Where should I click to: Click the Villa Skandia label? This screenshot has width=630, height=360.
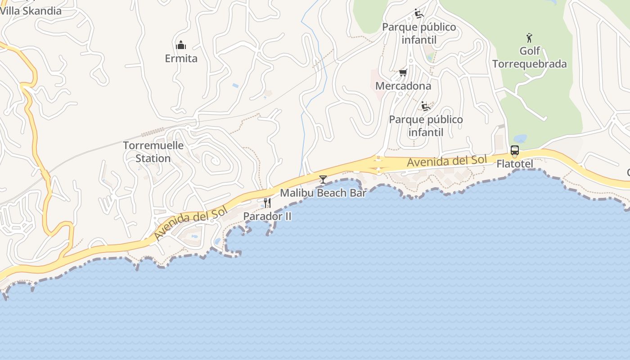tap(31, 11)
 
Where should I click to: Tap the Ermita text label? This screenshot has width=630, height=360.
tap(181, 58)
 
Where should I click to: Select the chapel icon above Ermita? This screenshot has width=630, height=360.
tap(181, 45)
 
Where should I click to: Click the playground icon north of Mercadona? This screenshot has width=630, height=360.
tap(419, 14)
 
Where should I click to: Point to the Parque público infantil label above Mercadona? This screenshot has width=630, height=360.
tap(419, 33)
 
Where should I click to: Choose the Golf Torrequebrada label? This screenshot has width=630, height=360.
tap(529, 57)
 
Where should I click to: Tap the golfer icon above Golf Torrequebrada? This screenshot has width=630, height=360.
tap(529, 38)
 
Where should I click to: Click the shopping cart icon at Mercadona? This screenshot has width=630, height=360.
tap(403, 72)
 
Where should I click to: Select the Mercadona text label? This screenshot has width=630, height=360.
tap(403, 85)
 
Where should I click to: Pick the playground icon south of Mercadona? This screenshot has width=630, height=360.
tap(426, 106)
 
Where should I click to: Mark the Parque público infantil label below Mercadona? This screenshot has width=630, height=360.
tap(426, 126)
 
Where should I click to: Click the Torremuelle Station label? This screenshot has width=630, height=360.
tap(153, 152)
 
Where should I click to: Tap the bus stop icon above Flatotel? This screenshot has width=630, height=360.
tap(515, 151)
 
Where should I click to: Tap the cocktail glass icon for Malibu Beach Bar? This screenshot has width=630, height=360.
tap(323, 180)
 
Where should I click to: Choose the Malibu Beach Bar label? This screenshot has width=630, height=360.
tap(323, 193)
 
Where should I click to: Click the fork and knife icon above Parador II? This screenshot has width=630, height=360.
tap(267, 203)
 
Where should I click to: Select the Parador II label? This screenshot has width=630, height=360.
tap(267, 216)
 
